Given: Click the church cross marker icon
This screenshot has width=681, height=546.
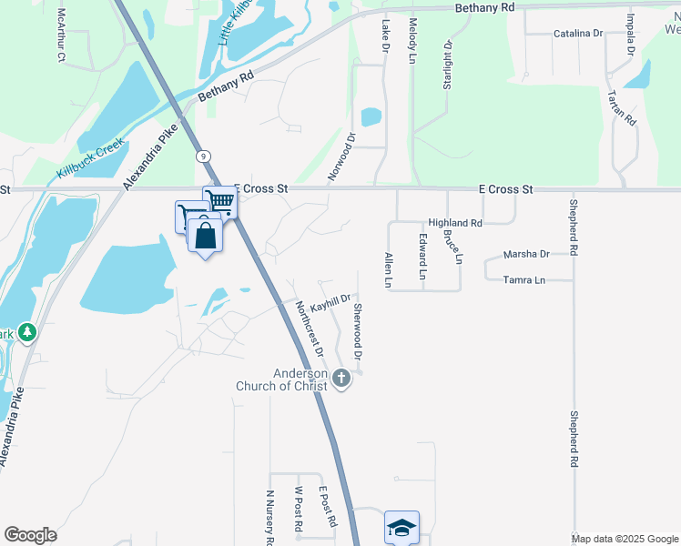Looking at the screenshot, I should click(x=341, y=378).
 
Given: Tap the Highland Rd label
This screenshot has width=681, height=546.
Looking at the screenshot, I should click(x=454, y=223).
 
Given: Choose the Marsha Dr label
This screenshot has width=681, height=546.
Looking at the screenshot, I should click(x=526, y=255).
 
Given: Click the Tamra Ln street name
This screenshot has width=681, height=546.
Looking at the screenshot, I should click(x=523, y=281).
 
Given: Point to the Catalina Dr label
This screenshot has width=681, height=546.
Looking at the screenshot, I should click(x=578, y=34).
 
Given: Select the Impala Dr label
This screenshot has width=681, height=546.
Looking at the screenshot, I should click(x=629, y=34).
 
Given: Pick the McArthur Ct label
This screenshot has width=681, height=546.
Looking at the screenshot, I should click(x=61, y=35).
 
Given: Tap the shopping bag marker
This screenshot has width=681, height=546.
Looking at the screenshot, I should click(x=207, y=237).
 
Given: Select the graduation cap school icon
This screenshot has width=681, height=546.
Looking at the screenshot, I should click(x=401, y=527).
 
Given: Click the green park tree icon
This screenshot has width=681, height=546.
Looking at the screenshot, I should click(x=27, y=333).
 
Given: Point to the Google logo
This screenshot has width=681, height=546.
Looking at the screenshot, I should click(x=30, y=535).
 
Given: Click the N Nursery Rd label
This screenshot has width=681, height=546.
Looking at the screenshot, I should click(x=269, y=517).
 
